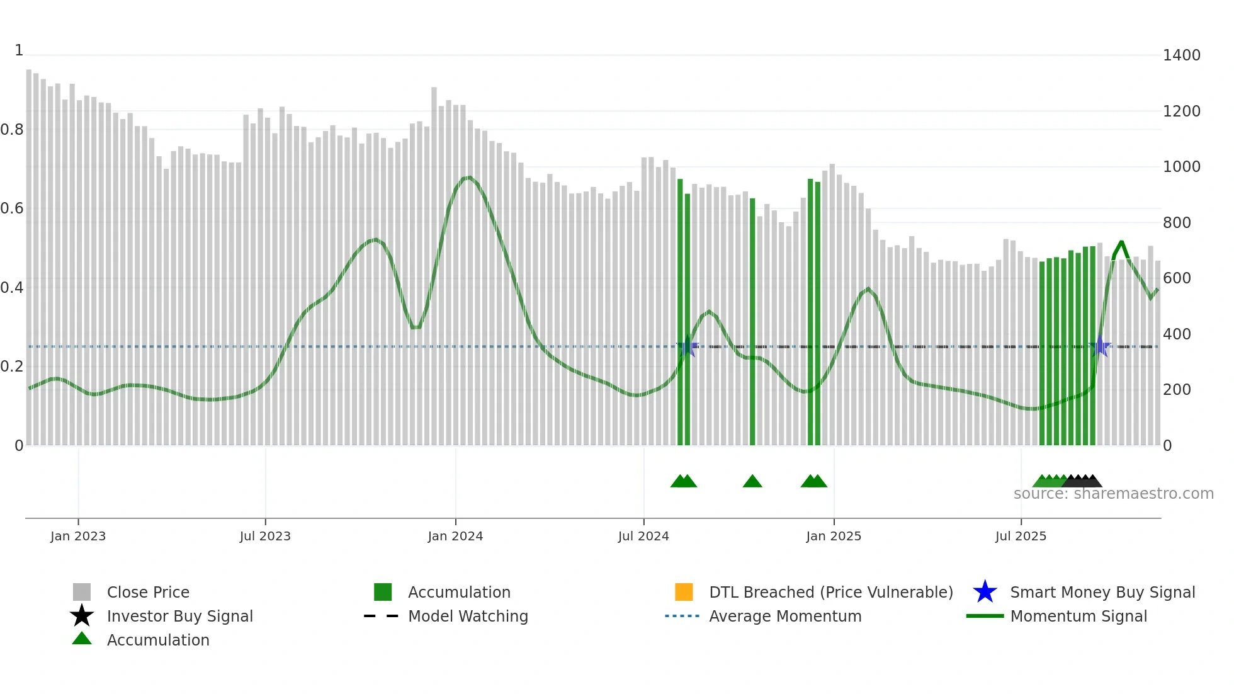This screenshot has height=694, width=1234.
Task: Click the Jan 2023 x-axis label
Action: (78, 536)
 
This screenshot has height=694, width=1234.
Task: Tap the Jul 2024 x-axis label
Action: (643, 536)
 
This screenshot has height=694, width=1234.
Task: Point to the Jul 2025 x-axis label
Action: (1021, 536)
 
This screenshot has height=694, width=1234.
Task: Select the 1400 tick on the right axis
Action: (1181, 55)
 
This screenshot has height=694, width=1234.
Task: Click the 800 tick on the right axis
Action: (1177, 223)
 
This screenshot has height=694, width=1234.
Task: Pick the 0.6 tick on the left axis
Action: (12, 208)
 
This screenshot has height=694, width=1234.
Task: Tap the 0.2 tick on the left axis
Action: (12, 367)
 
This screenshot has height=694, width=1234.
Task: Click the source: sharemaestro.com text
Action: (1113, 494)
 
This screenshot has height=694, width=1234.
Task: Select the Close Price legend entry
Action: (148, 592)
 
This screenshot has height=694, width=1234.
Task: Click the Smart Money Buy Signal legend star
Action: (985, 592)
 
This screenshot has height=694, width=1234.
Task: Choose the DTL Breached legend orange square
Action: (684, 592)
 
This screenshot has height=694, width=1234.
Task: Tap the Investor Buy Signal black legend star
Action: (82, 616)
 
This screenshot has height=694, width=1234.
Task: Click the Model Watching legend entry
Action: (468, 616)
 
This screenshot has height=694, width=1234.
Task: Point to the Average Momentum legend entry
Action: (784, 616)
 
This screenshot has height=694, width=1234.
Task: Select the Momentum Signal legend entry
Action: (1078, 616)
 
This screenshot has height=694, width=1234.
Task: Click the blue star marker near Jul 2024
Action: (688, 346)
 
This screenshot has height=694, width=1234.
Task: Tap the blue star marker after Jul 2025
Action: (1100, 346)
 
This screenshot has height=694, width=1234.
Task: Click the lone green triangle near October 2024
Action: (752, 482)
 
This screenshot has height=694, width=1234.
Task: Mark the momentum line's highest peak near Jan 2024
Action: (468, 178)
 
